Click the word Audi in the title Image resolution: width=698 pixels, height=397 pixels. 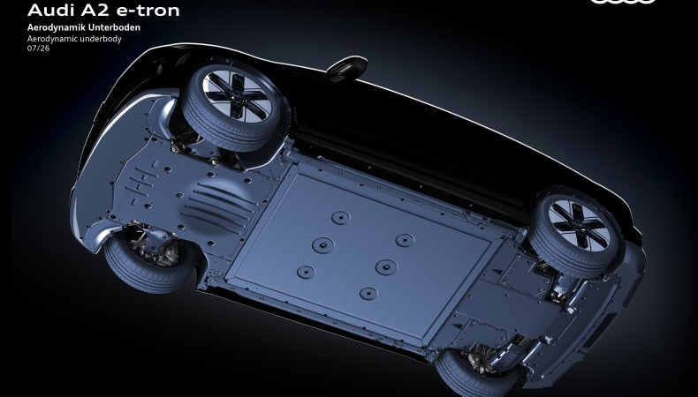coord(49,10)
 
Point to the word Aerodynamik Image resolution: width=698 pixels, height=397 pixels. coord(55,27)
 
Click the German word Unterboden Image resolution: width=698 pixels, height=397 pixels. coord(112,27)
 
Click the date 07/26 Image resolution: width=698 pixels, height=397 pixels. coord(38,48)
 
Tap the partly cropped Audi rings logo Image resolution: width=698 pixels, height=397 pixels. coord(623,2)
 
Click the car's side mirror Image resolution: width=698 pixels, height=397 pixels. coord(346,68)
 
